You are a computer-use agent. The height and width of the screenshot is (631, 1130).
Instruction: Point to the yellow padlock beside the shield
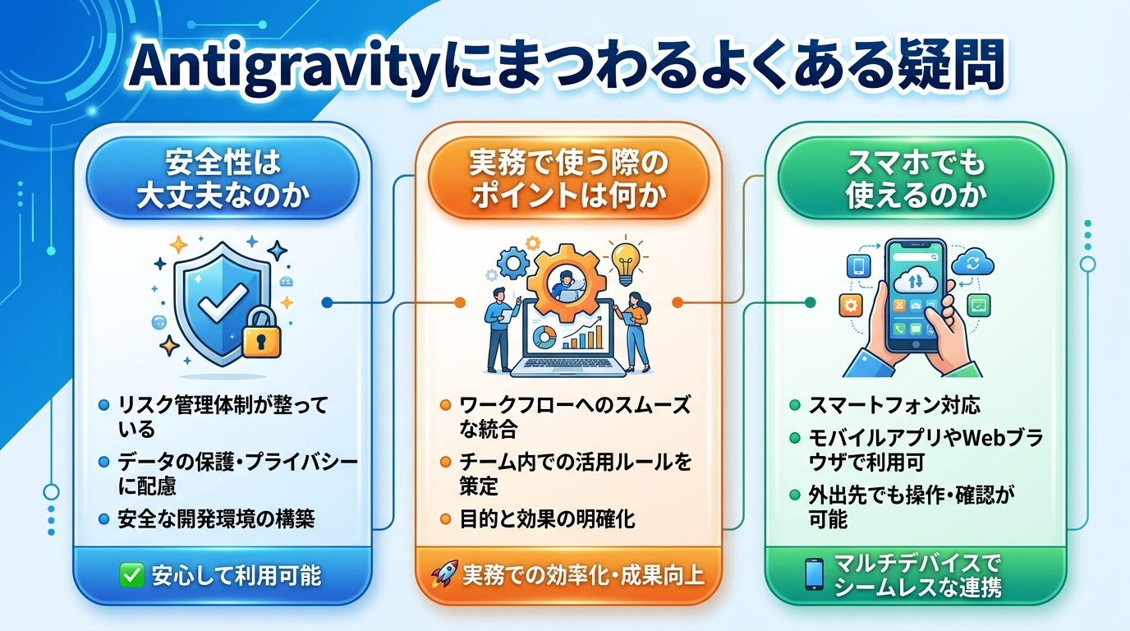(261, 333)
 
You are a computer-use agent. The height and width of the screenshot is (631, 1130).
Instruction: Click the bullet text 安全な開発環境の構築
(217, 519)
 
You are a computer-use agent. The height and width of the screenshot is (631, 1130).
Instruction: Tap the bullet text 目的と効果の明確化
(546, 519)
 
